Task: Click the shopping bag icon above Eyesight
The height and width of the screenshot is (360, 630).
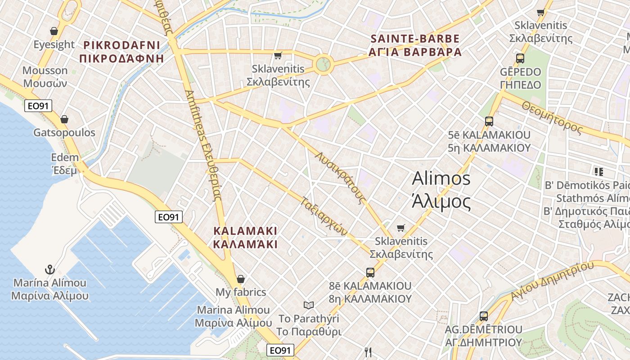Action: coord(54,31)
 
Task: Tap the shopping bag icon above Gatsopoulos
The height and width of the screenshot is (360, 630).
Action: coord(64,119)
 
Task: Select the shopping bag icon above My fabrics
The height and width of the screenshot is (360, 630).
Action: coord(241,279)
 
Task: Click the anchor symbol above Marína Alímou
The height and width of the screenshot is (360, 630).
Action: coord(50,270)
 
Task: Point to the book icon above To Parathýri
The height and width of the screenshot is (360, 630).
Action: coord(308,306)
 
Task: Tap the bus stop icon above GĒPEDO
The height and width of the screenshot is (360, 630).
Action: coord(520,58)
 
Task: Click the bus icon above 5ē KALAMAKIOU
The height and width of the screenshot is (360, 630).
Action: coord(489,121)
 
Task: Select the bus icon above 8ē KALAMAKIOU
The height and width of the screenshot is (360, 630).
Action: coord(370,272)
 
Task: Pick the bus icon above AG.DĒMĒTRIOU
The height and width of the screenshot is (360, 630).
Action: coord(484,316)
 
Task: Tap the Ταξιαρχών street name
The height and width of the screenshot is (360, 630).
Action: coord(324,216)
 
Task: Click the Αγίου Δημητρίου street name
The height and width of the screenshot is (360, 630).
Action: coord(552,281)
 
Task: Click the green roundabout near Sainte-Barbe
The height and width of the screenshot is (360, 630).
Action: coord(323,64)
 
